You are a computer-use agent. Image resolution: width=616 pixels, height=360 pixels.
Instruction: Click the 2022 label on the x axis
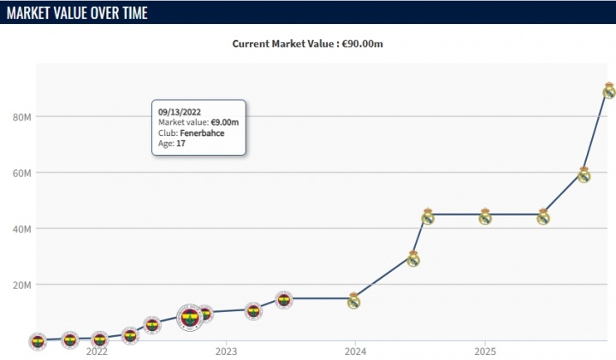click(x=97, y=351)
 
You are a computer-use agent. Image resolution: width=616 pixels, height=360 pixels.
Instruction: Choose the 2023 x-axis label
click(x=226, y=351)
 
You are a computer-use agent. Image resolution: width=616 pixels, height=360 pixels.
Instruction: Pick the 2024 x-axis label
click(x=355, y=351)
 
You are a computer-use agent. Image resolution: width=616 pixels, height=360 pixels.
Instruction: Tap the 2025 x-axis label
click(x=484, y=351)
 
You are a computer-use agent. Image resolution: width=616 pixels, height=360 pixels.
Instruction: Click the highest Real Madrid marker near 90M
click(x=608, y=91)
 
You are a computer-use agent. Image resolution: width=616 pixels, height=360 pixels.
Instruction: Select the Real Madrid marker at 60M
click(x=583, y=174)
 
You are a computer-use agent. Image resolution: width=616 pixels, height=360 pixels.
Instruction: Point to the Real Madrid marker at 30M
click(x=413, y=258)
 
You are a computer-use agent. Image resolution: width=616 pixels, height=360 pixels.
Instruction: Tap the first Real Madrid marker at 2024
click(x=353, y=300)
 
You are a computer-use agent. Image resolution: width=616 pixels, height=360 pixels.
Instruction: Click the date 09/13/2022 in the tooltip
click(x=179, y=111)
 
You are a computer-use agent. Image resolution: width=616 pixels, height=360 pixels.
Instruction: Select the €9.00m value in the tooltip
click(x=225, y=122)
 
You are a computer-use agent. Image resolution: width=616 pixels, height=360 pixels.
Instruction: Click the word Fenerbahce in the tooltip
click(x=204, y=133)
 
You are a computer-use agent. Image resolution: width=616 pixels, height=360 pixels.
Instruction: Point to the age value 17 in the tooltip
click(x=181, y=145)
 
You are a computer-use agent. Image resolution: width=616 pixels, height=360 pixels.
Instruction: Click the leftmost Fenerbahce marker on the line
click(x=37, y=342)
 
